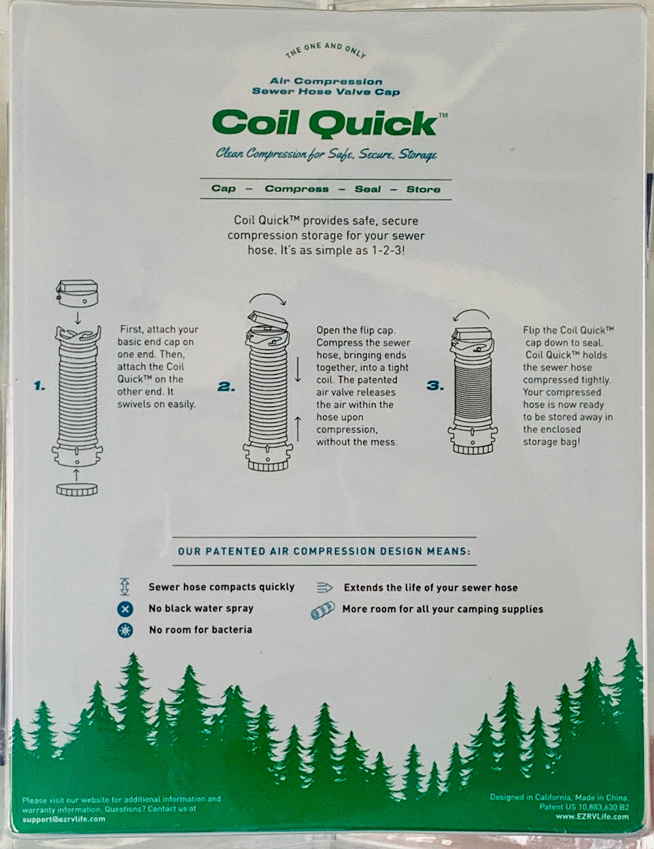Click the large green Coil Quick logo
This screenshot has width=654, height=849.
tap(325, 123)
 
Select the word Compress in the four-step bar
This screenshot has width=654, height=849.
tap(296, 189)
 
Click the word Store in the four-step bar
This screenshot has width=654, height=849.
tap(423, 189)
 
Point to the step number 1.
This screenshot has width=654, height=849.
tap(40, 386)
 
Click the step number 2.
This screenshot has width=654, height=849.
tap(226, 386)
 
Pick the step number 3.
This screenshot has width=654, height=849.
tap(435, 385)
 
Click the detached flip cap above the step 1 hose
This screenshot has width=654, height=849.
tap(77, 293)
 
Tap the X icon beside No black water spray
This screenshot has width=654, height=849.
tap(125, 609)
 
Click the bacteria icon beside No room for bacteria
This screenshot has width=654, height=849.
tap(125, 630)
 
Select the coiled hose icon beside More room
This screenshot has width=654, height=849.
tap(323, 610)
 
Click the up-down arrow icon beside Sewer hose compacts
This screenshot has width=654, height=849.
tap(125, 587)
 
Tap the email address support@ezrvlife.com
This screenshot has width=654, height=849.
tap(64, 819)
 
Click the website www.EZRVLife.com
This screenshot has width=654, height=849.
tap(592, 816)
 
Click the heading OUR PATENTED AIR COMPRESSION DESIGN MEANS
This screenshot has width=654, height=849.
tap(324, 551)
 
